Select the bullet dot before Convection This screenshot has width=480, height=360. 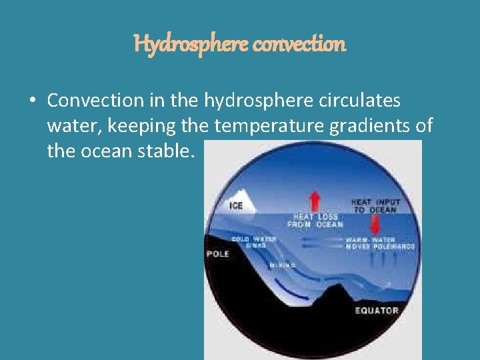click(x=32, y=101)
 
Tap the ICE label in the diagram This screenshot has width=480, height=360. click(x=236, y=206)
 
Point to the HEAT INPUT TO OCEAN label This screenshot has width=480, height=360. click(x=375, y=205)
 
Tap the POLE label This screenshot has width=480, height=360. click(x=218, y=254)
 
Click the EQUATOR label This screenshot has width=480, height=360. click(x=376, y=310)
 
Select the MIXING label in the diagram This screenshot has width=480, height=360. click(x=282, y=265)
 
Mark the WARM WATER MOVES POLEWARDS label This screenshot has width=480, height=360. click(x=379, y=243)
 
